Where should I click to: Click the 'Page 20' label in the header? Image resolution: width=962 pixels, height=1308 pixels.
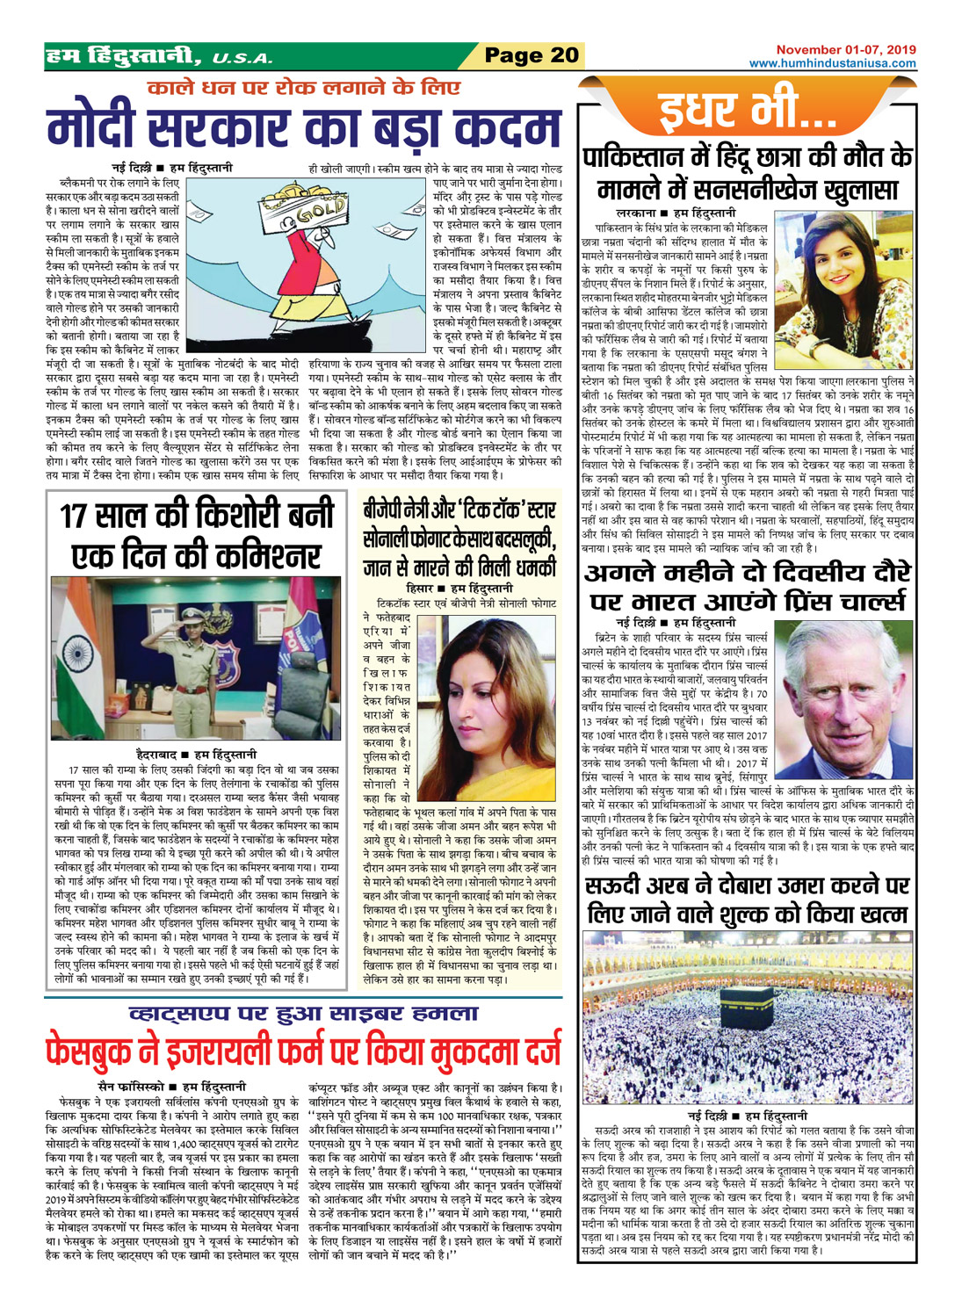click(x=532, y=55)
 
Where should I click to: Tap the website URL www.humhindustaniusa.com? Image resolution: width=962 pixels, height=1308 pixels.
click(x=832, y=63)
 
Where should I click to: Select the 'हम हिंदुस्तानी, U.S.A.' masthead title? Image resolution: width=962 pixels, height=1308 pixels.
click(x=159, y=57)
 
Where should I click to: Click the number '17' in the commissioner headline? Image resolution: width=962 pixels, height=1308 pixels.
click(x=84, y=516)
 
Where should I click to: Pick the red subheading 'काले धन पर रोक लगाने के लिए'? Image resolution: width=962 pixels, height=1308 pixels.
click(x=303, y=88)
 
